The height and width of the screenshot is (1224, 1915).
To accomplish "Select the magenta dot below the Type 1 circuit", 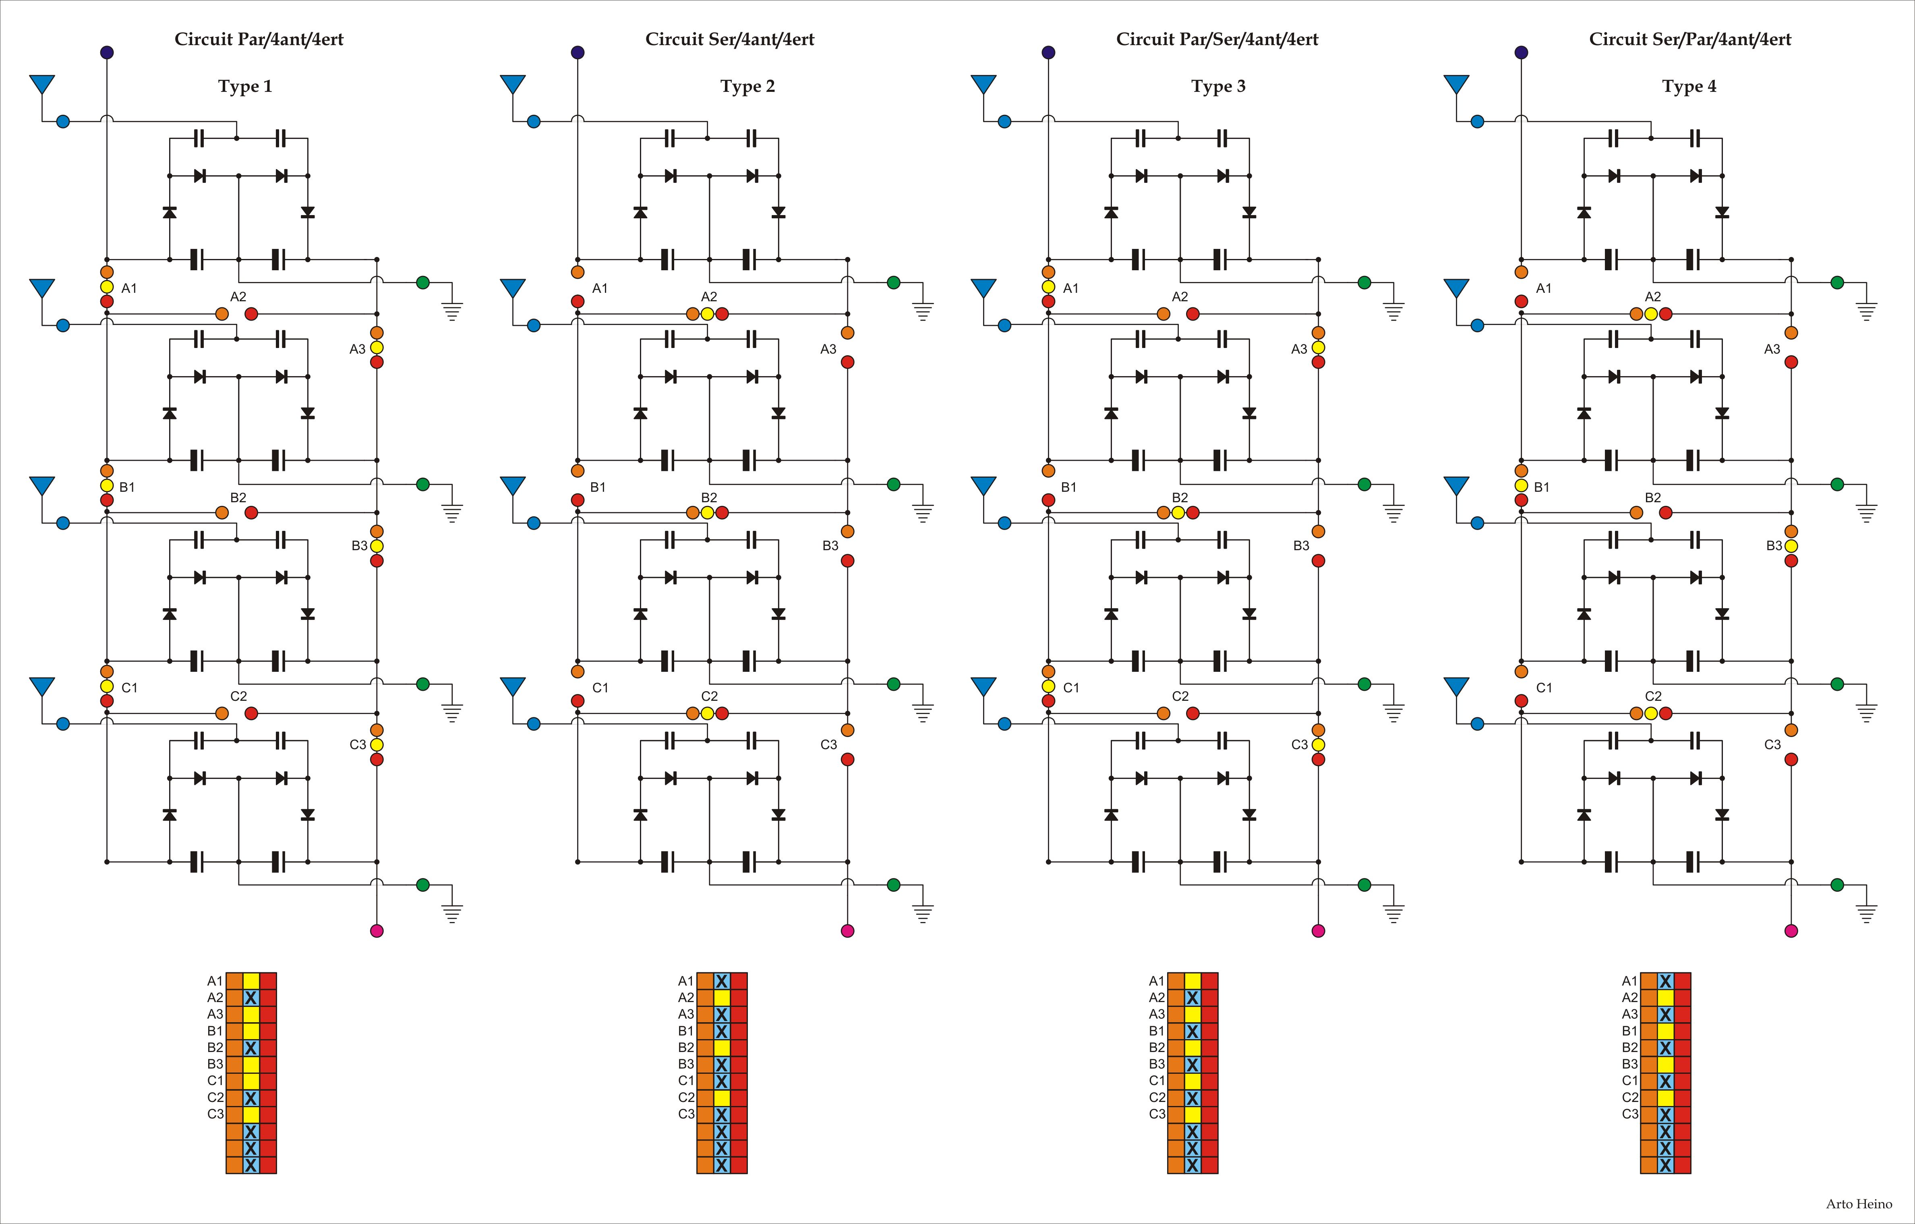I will point(377,930).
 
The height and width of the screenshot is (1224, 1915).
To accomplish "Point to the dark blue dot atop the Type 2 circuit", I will point(578,52).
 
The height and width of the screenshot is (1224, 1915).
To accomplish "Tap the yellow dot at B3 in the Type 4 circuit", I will point(1791,546).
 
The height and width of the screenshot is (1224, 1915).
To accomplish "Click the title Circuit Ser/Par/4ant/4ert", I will point(1690,39).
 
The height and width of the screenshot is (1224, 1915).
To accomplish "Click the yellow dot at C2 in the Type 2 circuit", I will point(707,713).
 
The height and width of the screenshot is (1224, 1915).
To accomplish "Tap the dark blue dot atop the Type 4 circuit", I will point(1522,52).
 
